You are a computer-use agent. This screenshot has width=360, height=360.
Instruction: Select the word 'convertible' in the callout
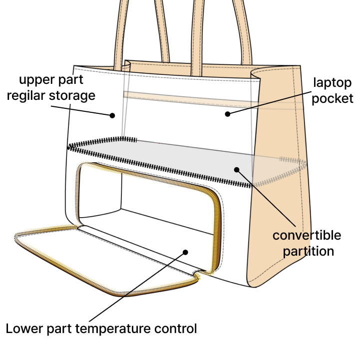(x=307, y=235)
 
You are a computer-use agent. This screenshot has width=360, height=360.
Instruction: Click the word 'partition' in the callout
(x=308, y=251)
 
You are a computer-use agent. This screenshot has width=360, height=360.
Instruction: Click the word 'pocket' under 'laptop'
(x=333, y=98)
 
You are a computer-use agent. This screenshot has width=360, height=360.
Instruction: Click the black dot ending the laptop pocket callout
(x=227, y=114)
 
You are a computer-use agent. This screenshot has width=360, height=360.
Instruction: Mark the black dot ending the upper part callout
(x=112, y=115)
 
